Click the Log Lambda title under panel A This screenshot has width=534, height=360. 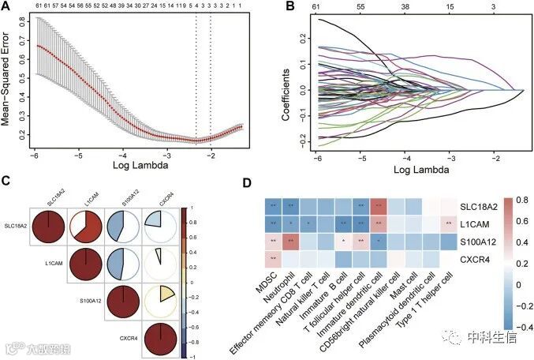[x=140, y=165]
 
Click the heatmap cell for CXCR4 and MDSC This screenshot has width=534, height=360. [x=272, y=257]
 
